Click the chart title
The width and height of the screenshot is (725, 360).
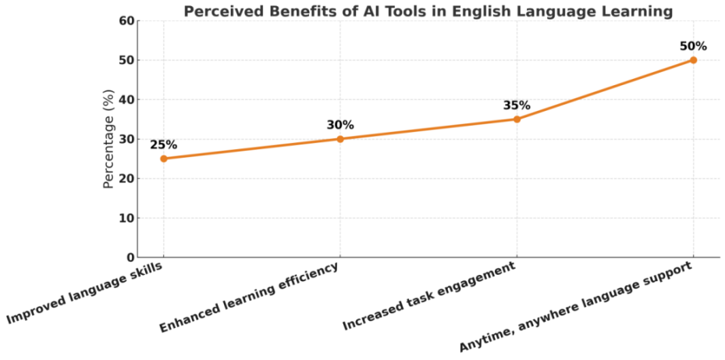pos(428,11)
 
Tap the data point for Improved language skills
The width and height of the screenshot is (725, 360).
pos(163,159)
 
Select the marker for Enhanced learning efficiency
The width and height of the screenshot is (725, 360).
pos(340,139)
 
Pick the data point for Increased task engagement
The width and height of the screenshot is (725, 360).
pos(517,119)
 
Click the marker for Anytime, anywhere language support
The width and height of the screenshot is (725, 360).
pos(693,60)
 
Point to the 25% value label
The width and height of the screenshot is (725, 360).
pos(163,144)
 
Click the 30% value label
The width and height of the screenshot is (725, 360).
pos(340,125)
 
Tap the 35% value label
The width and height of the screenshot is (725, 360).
pos(517,105)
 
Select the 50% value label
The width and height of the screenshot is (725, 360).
pos(693,46)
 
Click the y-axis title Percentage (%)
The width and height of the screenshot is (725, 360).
pos(110,139)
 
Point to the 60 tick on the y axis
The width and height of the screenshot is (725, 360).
pos(126,21)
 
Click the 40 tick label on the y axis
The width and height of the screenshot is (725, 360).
pos(126,100)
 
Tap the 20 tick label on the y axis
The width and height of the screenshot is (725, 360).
pos(126,179)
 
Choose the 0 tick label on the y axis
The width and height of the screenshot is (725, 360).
pos(130,258)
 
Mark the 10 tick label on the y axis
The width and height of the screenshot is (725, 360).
pos(126,219)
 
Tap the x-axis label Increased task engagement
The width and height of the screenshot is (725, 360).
pos(430,298)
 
